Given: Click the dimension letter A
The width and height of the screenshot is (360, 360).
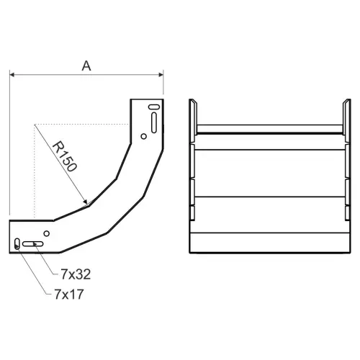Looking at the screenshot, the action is pyautogui.click(x=86, y=66).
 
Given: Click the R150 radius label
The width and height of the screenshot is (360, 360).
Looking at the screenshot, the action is pyautogui.click(x=65, y=157).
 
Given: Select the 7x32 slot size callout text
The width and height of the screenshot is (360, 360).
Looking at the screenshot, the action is pyautogui.click(x=76, y=274).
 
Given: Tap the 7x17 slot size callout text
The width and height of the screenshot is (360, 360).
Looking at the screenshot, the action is pyautogui.click(x=69, y=294).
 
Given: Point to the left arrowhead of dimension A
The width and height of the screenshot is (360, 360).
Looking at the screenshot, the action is pyautogui.click(x=12, y=75).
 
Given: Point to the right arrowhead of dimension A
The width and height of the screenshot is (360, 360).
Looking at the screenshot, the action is pyautogui.click(x=161, y=75).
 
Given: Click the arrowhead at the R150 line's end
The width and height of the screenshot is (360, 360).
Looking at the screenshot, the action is pyautogui.click(x=85, y=202).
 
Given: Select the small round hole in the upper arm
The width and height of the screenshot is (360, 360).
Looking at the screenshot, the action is pyautogui.click(x=143, y=137).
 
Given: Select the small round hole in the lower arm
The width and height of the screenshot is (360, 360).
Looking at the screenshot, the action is pyautogui.click(x=47, y=233).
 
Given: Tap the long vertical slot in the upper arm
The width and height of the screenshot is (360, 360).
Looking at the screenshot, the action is pyautogui.click(x=154, y=122).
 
